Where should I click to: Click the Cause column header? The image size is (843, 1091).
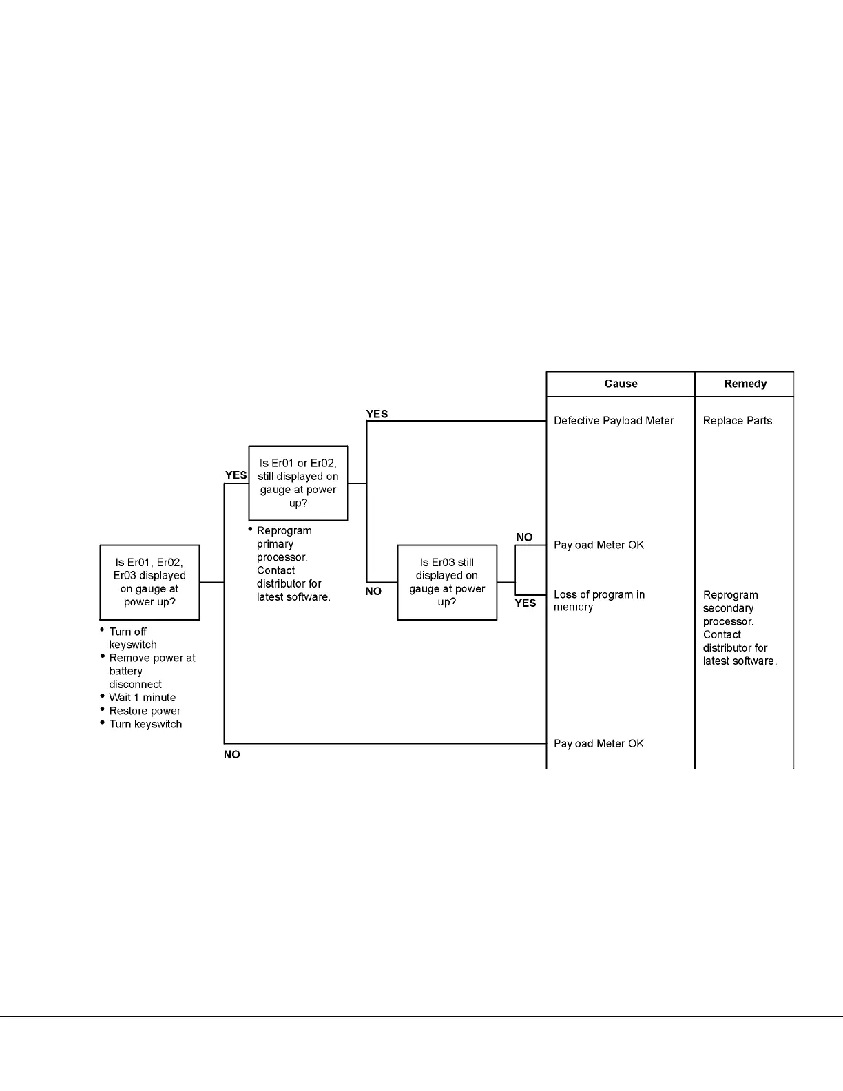click(621, 384)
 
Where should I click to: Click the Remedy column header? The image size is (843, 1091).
click(745, 384)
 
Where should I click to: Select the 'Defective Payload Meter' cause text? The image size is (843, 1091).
click(614, 421)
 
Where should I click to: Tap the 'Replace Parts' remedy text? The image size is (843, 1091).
click(737, 421)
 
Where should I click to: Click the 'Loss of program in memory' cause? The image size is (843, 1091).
click(599, 601)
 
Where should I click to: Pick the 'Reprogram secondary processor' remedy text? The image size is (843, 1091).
click(739, 627)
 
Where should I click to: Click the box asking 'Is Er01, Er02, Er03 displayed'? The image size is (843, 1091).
click(149, 582)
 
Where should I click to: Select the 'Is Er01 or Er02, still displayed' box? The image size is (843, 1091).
click(298, 483)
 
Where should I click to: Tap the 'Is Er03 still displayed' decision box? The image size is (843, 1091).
click(447, 582)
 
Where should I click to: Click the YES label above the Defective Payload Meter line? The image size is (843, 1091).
click(377, 414)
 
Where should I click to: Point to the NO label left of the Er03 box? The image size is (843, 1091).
click(373, 592)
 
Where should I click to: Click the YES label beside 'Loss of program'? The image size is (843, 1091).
click(525, 603)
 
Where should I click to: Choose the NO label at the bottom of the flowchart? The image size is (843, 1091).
click(232, 755)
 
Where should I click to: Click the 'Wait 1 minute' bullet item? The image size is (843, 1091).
click(142, 698)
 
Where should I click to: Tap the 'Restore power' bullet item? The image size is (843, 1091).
click(145, 711)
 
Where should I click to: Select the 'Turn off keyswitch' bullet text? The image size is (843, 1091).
click(132, 638)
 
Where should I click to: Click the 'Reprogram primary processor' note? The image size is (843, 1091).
click(293, 563)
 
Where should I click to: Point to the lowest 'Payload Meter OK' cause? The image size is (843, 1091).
click(599, 744)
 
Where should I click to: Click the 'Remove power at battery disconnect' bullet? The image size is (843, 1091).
click(152, 671)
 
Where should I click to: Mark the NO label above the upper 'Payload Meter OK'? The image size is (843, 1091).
click(524, 537)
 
